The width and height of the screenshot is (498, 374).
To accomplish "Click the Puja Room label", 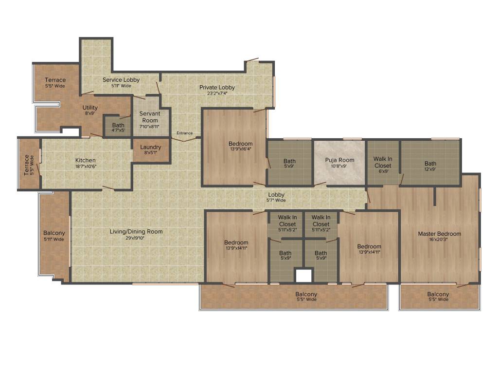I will tap(339, 160).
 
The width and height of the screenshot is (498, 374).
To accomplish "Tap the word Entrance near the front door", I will tap(185, 133).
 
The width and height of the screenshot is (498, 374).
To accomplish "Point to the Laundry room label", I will tap(151, 148).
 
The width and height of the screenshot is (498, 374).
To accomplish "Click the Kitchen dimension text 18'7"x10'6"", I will tap(85, 167).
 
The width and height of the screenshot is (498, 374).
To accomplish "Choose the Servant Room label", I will tap(149, 117).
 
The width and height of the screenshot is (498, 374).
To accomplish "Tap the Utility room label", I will tap(90, 108).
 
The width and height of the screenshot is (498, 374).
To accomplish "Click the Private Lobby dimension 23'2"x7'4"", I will tap(217, 94).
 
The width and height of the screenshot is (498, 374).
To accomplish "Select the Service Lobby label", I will tap(121, 80).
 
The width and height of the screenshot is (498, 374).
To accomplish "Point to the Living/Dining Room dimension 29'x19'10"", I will tap(136, 238).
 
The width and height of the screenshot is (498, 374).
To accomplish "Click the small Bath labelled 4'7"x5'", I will tap(118, 126).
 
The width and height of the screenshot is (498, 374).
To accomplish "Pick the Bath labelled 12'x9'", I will tap(430, 164).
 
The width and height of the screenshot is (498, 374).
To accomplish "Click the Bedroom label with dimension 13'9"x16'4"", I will tap(240, 144).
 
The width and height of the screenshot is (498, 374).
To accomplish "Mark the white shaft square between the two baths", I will tap(303, 276).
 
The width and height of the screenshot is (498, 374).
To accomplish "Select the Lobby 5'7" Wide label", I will tap(276, 195).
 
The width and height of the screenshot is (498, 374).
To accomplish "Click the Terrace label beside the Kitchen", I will tap(27, 165).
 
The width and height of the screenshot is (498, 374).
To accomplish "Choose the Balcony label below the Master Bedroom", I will tap(438, 295).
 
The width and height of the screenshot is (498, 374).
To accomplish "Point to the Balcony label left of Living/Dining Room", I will tap(53, 233).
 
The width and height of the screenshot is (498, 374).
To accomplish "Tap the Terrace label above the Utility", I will tap(55, 80).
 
